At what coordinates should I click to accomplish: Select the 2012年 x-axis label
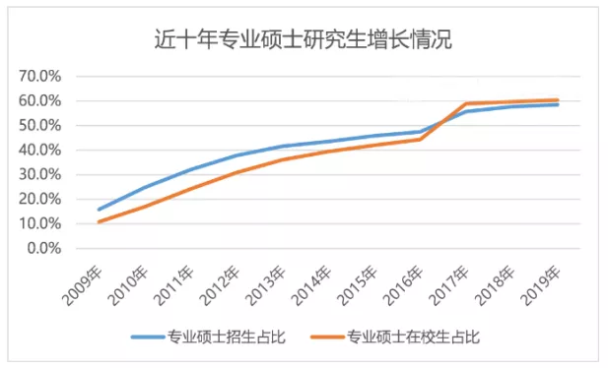coord(222,281)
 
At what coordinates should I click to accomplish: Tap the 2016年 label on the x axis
coord(406,281)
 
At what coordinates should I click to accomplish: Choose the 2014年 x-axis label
coord(313,281)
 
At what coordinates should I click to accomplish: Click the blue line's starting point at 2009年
coord(99,210)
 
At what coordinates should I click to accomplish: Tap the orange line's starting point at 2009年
coord(99,221)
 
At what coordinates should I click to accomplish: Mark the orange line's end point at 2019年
coord(558,99)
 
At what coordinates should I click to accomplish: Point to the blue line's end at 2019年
coord(558,104)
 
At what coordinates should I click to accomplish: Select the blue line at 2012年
coord(236,155)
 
